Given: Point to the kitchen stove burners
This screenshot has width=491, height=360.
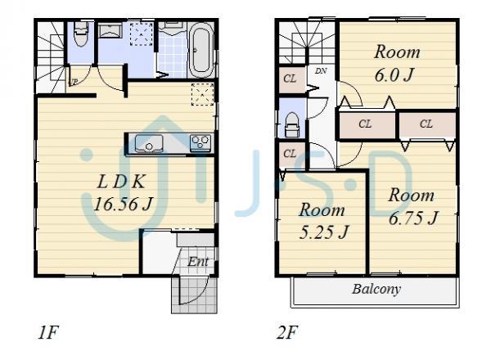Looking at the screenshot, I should point(200,143).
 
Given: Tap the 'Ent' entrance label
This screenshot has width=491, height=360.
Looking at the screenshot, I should point(198,262).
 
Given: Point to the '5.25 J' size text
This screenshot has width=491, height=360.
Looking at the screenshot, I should point(322,232).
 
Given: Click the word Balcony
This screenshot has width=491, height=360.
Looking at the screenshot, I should point(376,289).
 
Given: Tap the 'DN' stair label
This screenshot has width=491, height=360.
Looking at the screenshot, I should point(322,72).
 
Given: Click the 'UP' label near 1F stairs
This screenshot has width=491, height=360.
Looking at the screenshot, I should point(74,82).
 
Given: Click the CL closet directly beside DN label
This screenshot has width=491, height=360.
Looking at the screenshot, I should point(290,79).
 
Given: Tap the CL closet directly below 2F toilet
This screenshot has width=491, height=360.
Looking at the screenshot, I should point(289,153).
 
